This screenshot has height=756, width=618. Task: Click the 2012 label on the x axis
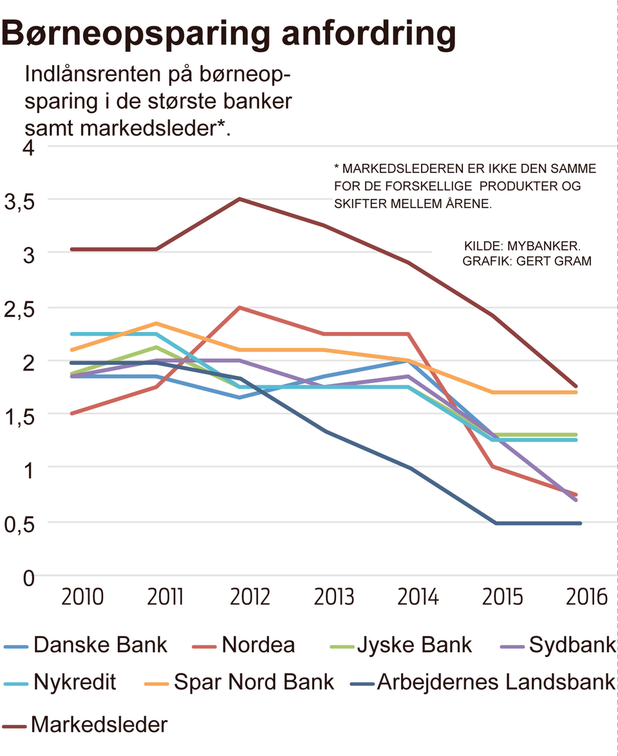[250, 597]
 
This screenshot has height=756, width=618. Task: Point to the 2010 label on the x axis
[83, 597]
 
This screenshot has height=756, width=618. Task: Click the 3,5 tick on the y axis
[19, 202]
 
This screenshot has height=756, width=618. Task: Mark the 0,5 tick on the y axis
[19, 524]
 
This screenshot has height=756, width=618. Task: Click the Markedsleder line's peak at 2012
[239, 199]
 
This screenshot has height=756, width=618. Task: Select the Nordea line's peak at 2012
[239, 308]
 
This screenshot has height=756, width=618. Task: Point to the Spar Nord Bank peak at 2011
[156, 323]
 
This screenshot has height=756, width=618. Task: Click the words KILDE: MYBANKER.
[522, 246]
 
